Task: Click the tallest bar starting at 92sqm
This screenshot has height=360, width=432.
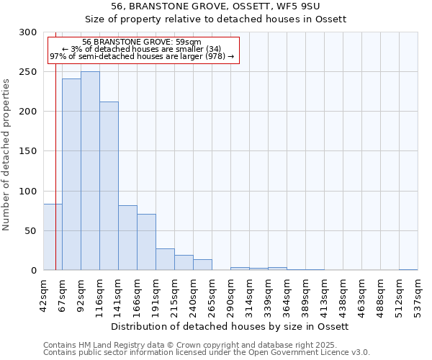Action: pos(90,171)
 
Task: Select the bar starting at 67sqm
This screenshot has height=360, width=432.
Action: pos(71,174)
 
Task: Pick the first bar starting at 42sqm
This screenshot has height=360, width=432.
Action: pos(53,237)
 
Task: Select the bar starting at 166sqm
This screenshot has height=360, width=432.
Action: pos(146,242)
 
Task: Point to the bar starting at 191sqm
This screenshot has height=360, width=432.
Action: pos(165,259)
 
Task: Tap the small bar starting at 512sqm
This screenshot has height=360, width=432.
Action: pos(408,269)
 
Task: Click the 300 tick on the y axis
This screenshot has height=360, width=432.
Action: pos(28,32)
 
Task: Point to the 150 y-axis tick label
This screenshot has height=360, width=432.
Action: pos(28,151)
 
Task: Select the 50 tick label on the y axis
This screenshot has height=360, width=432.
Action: pos(30,231)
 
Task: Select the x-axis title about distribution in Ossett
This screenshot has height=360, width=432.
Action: pos(230,326)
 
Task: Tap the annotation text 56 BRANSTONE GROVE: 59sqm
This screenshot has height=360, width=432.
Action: pos(142,42)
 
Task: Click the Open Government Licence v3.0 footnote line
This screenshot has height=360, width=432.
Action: pos(206,353)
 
